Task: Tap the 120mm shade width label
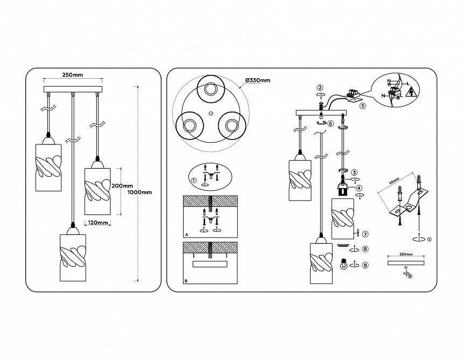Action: point(97,222)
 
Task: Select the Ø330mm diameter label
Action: point(257,80)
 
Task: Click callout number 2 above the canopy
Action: point(320,87)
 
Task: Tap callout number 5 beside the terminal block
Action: point(362,106)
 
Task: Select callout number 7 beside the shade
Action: point(364,234)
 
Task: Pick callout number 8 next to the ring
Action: point(364,249)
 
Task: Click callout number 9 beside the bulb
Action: point(364,265)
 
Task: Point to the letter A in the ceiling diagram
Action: point(186,236)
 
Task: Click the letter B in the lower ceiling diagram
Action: point(186,281)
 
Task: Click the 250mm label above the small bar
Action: point(405,254)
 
